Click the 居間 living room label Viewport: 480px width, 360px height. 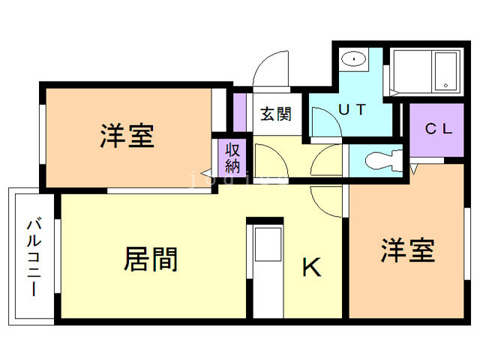[x=151, y=259]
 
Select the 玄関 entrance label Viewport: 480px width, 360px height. [x=275, y=114]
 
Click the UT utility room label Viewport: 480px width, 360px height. [x=352, y=109]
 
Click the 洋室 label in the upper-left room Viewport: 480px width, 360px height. [x=127, y=136]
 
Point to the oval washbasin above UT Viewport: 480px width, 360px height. [x=351, y=59]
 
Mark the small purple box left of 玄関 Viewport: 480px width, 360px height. [x=239, y=110]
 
